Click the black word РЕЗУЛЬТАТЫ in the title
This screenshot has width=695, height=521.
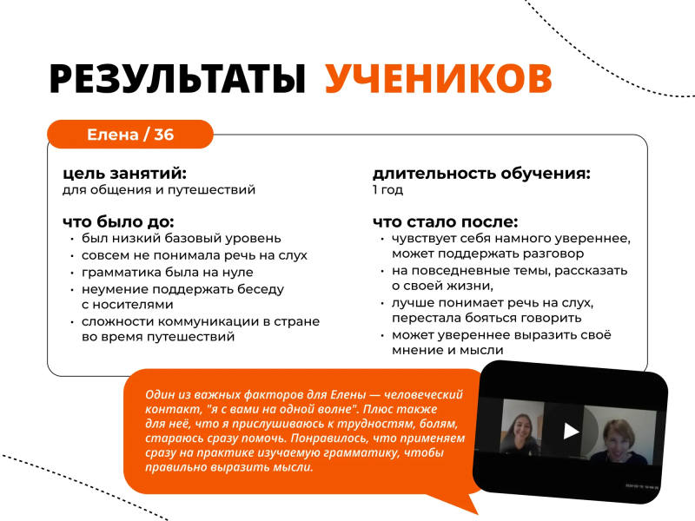coord(177,78)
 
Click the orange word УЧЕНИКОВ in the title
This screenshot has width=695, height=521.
coord(439,78)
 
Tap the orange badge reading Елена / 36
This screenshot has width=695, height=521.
coord(130,135)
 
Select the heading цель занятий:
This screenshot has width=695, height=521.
coord(124,173)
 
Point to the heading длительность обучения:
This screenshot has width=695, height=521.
coord(481,173)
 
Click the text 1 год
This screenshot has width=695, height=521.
coord(387,190)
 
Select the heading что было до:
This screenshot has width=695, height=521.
coord(118,221)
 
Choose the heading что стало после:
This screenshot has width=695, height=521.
coord(445,221)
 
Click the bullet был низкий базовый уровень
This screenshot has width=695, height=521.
coord(182,238)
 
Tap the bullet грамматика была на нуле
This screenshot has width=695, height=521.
coord(168,272)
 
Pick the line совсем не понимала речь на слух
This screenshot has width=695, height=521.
coord(194,255)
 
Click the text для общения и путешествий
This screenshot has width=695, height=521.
coord(159,190)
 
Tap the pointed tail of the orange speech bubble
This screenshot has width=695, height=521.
coord(477,512)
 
